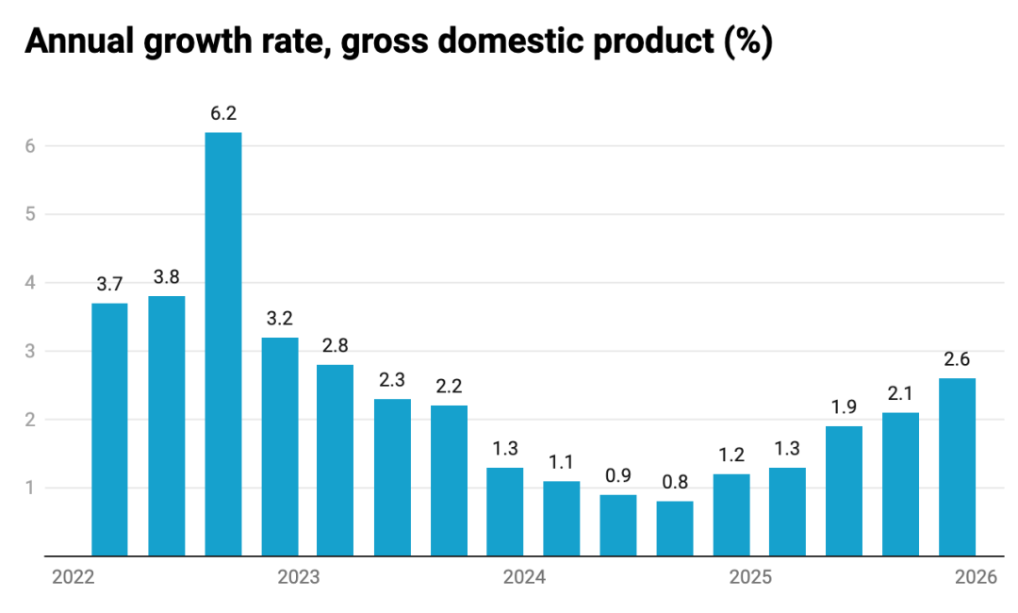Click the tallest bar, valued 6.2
point(222,344)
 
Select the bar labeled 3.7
point(109,429)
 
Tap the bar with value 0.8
point(675,528)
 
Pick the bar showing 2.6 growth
point(957,467)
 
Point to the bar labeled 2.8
point(335,460)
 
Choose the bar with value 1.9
point(844,490)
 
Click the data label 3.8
point(166,277)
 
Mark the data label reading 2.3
point(392,380)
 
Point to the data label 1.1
point(562,462)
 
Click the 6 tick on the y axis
point(30,146)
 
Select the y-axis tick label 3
point(30,352)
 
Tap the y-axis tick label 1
point(30,489)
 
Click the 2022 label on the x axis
point(73,577)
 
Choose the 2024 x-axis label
point(524,577)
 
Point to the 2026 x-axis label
point(976,577)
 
